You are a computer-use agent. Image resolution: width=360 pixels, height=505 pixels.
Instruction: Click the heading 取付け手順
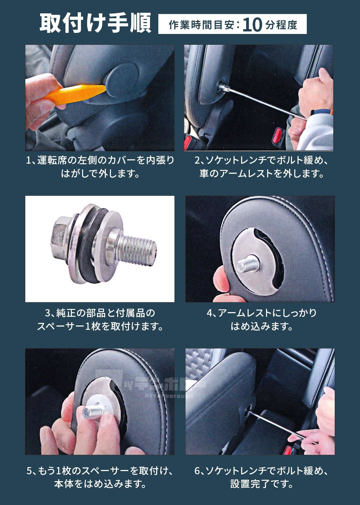(x=95, y=23)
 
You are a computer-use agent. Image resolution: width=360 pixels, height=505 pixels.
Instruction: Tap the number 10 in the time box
(x=252, y=25)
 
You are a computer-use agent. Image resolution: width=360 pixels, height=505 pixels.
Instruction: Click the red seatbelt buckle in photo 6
(x=288, y=450)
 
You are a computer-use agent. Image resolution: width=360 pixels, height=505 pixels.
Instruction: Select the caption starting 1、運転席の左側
(x=100, y=160)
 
